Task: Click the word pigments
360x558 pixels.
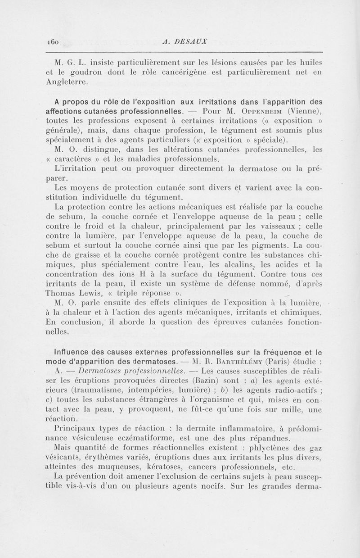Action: click(x=250, y=245)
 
